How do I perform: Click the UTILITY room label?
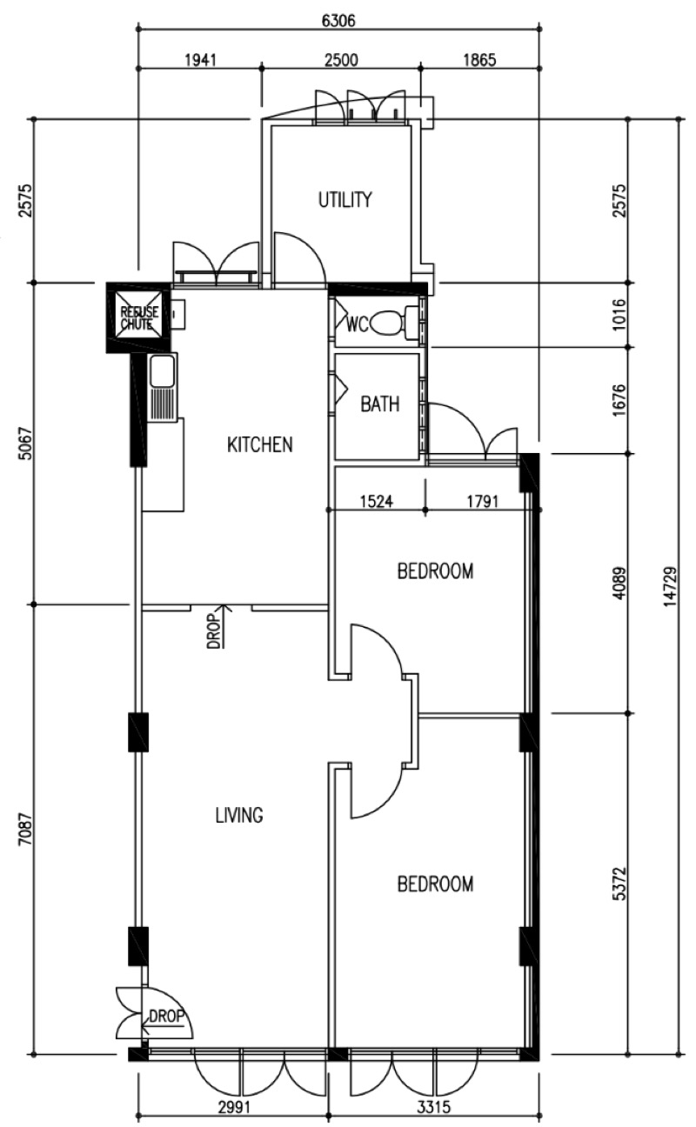(x=345, y=200)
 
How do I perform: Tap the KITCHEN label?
(x=259, y=444)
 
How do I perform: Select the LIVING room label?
(x=239, y=815)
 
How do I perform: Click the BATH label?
(x=380, y=404)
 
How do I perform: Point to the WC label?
(x=358, y=324)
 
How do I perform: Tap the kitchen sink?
(x=162, y=388)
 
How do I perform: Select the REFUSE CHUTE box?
(x=138, y=318)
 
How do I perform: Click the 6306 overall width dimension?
(x=338, y=21)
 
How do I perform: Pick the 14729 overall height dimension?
(x=670, y=587)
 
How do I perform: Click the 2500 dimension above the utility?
(x=341, y=60)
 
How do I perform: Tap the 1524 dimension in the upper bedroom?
(x=377, y=502)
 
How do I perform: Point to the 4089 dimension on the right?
(x=620, y=584)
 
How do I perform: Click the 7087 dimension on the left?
(x=26, y=830)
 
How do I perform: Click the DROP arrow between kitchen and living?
(x=224, y=626)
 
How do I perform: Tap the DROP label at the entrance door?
(x=166, y=1016)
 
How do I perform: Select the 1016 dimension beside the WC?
(x=620, y=315)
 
